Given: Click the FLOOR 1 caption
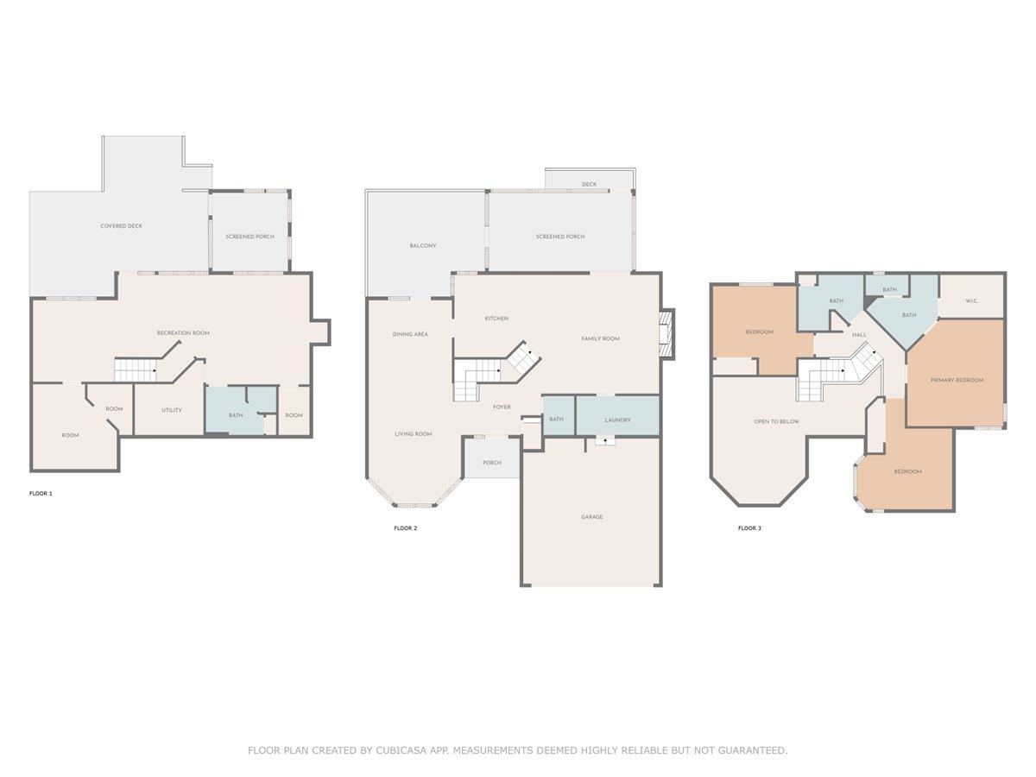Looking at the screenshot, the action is pos(41,494).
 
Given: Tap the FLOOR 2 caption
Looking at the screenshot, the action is pos(406,527).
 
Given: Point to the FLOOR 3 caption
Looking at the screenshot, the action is pos(749,527).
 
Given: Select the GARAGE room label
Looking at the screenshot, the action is pos(592,516).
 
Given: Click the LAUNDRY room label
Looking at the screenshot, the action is pos(617,420).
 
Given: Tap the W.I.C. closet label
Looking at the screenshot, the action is pos(971,300).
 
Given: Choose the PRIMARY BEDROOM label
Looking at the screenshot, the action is pos(957,380).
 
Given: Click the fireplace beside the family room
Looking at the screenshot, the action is pos(666,334).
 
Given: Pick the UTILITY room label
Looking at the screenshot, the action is pos(171,410).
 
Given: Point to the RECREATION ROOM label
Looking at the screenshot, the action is pos(183,332).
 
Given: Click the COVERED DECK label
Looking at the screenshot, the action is pos(122,225).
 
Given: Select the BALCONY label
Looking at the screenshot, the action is pos(423,245).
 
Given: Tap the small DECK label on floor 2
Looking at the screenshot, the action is pos(589,184).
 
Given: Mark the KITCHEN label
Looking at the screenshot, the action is pos(496,319).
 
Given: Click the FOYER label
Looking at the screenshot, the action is pos(502,407).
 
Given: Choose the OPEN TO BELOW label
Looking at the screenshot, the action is pos(776,421).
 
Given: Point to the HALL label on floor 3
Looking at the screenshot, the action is pos(859,334).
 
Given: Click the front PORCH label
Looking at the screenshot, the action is pos(492,463).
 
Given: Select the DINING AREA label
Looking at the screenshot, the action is pos(410,334).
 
